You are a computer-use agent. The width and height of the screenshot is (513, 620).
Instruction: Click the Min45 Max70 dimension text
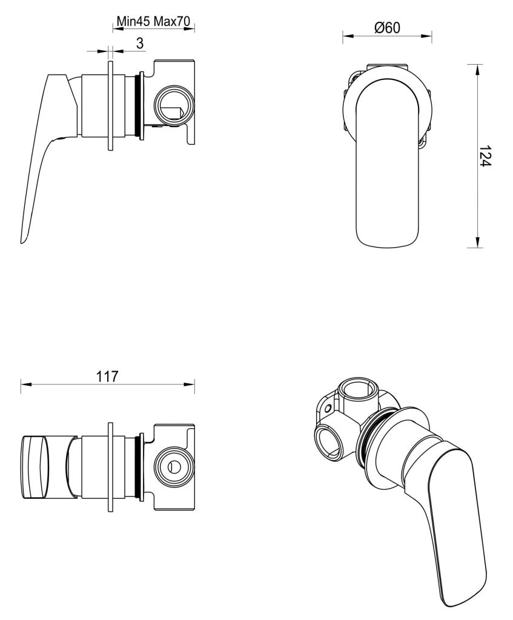[154, 21]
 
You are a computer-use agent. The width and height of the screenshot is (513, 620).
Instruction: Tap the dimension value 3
[139, 43]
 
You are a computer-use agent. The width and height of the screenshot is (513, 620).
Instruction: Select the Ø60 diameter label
[387, 27]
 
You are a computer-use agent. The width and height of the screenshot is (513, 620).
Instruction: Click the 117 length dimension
[107, 376]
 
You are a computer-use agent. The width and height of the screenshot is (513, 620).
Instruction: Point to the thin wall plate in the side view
[110, 105]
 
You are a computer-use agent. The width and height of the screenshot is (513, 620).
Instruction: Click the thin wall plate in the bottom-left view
[110, 467]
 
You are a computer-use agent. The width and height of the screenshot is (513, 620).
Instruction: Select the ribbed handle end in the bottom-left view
[35, 467]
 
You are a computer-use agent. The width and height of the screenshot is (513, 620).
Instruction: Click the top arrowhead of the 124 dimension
[478, 68]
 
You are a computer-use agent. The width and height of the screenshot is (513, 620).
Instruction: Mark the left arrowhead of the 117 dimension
[24, 384]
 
